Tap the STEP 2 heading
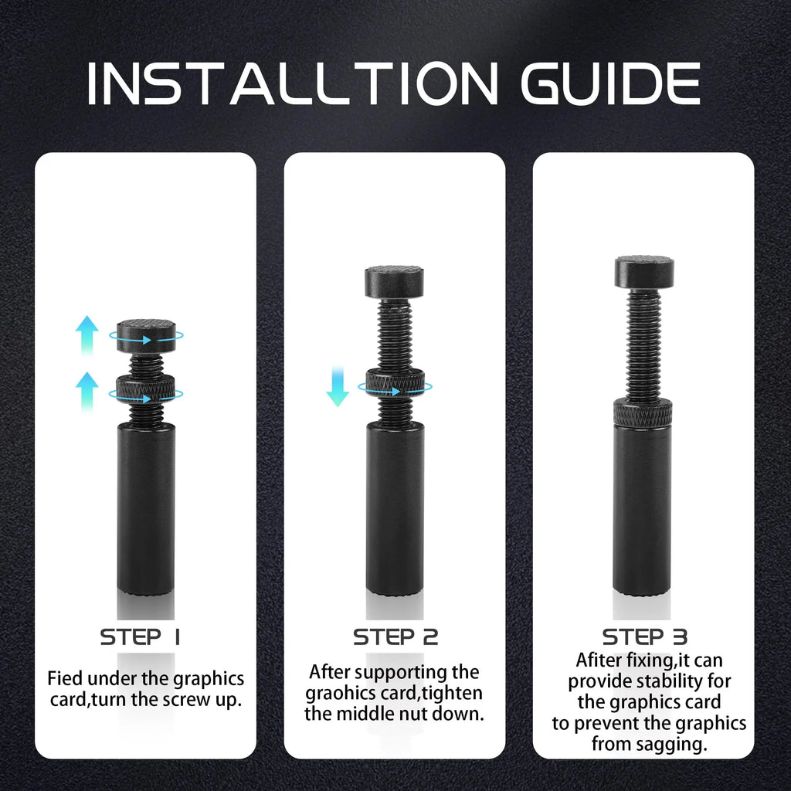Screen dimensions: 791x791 pyautogui.click(x=395, y=637)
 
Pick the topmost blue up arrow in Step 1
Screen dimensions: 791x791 pyautogui.click(x=87, y=334)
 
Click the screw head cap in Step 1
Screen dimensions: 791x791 pyautogui.click(x=146, y=335)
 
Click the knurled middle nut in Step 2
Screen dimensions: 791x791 pyautogui.click(x=395, y=384)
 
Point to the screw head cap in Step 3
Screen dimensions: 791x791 pyautogui.click(x=643, y=271)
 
